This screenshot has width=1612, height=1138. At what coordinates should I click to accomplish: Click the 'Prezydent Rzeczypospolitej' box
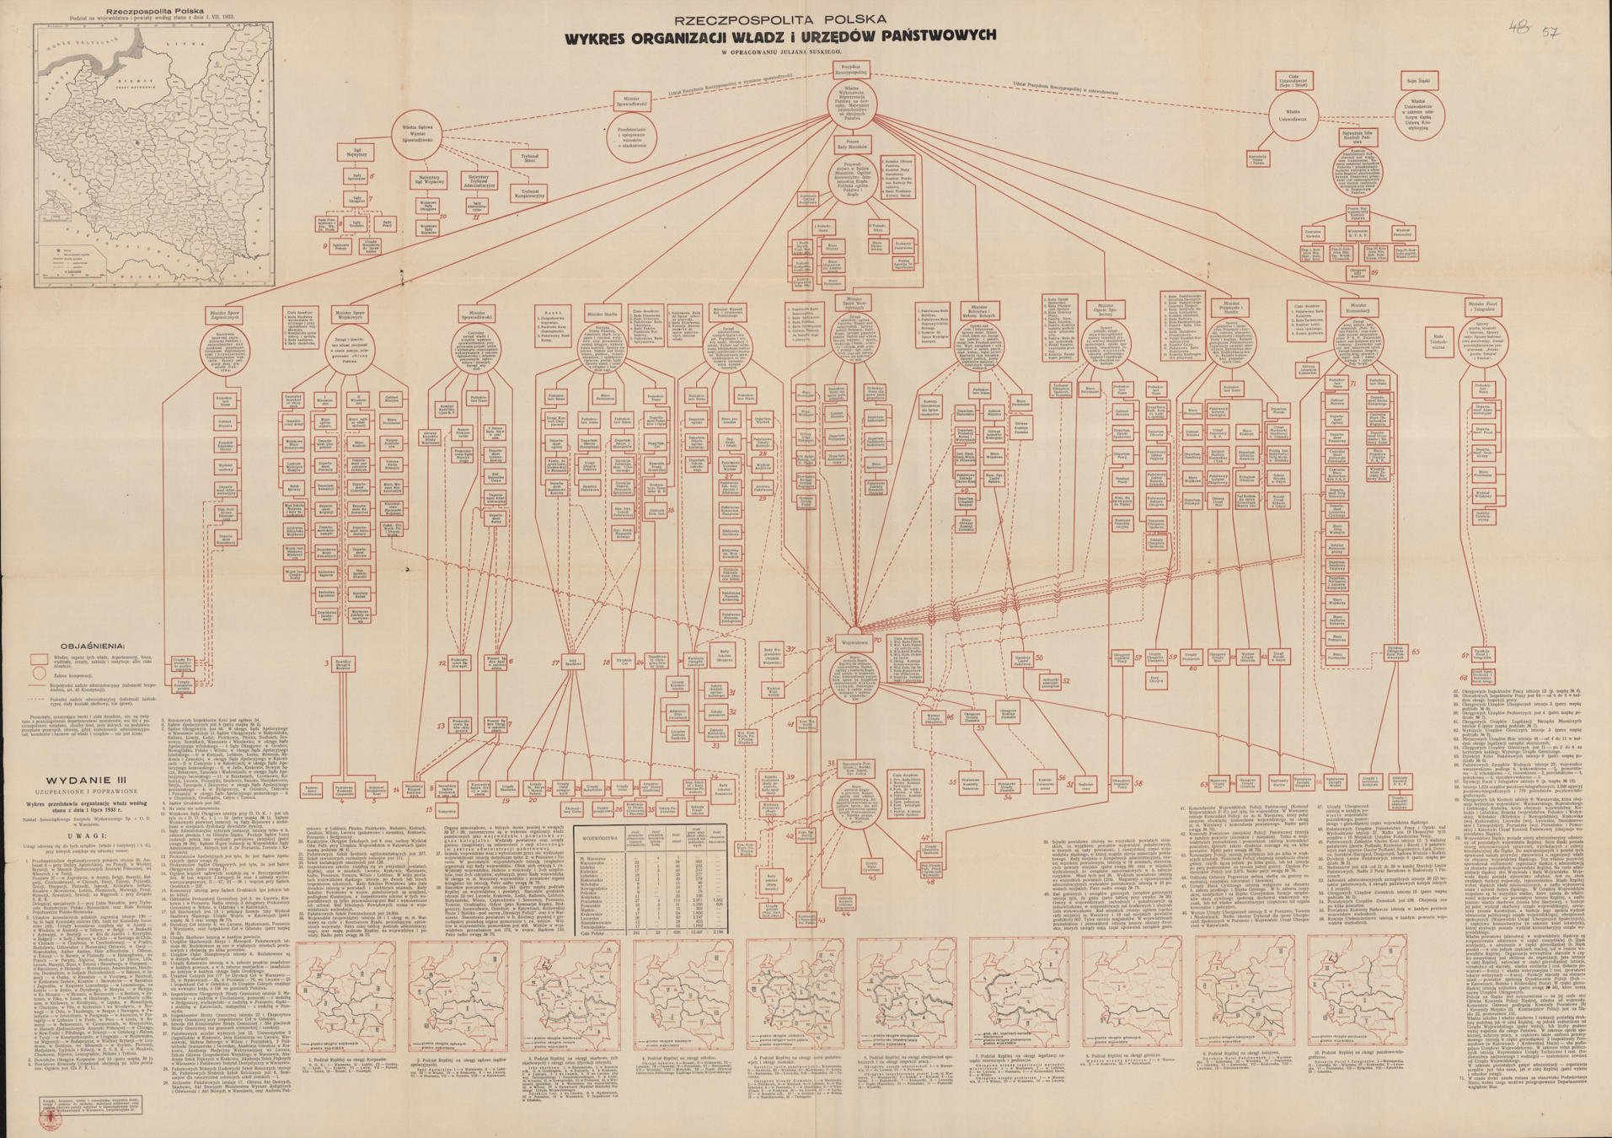tap(850, 69)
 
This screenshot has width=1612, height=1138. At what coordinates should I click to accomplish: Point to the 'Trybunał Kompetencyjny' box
tap(529, 193)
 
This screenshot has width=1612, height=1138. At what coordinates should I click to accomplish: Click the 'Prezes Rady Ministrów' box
tap(852, 143)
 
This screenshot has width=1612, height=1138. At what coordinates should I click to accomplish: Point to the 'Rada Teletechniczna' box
tap(1438, 341)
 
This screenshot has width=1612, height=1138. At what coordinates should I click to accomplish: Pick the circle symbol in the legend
tap(39, 674)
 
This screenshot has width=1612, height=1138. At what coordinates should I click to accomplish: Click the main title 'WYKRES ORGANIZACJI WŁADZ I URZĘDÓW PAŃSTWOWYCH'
tap(780, 35)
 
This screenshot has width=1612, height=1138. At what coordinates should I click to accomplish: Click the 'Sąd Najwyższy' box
tap(357, 153)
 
